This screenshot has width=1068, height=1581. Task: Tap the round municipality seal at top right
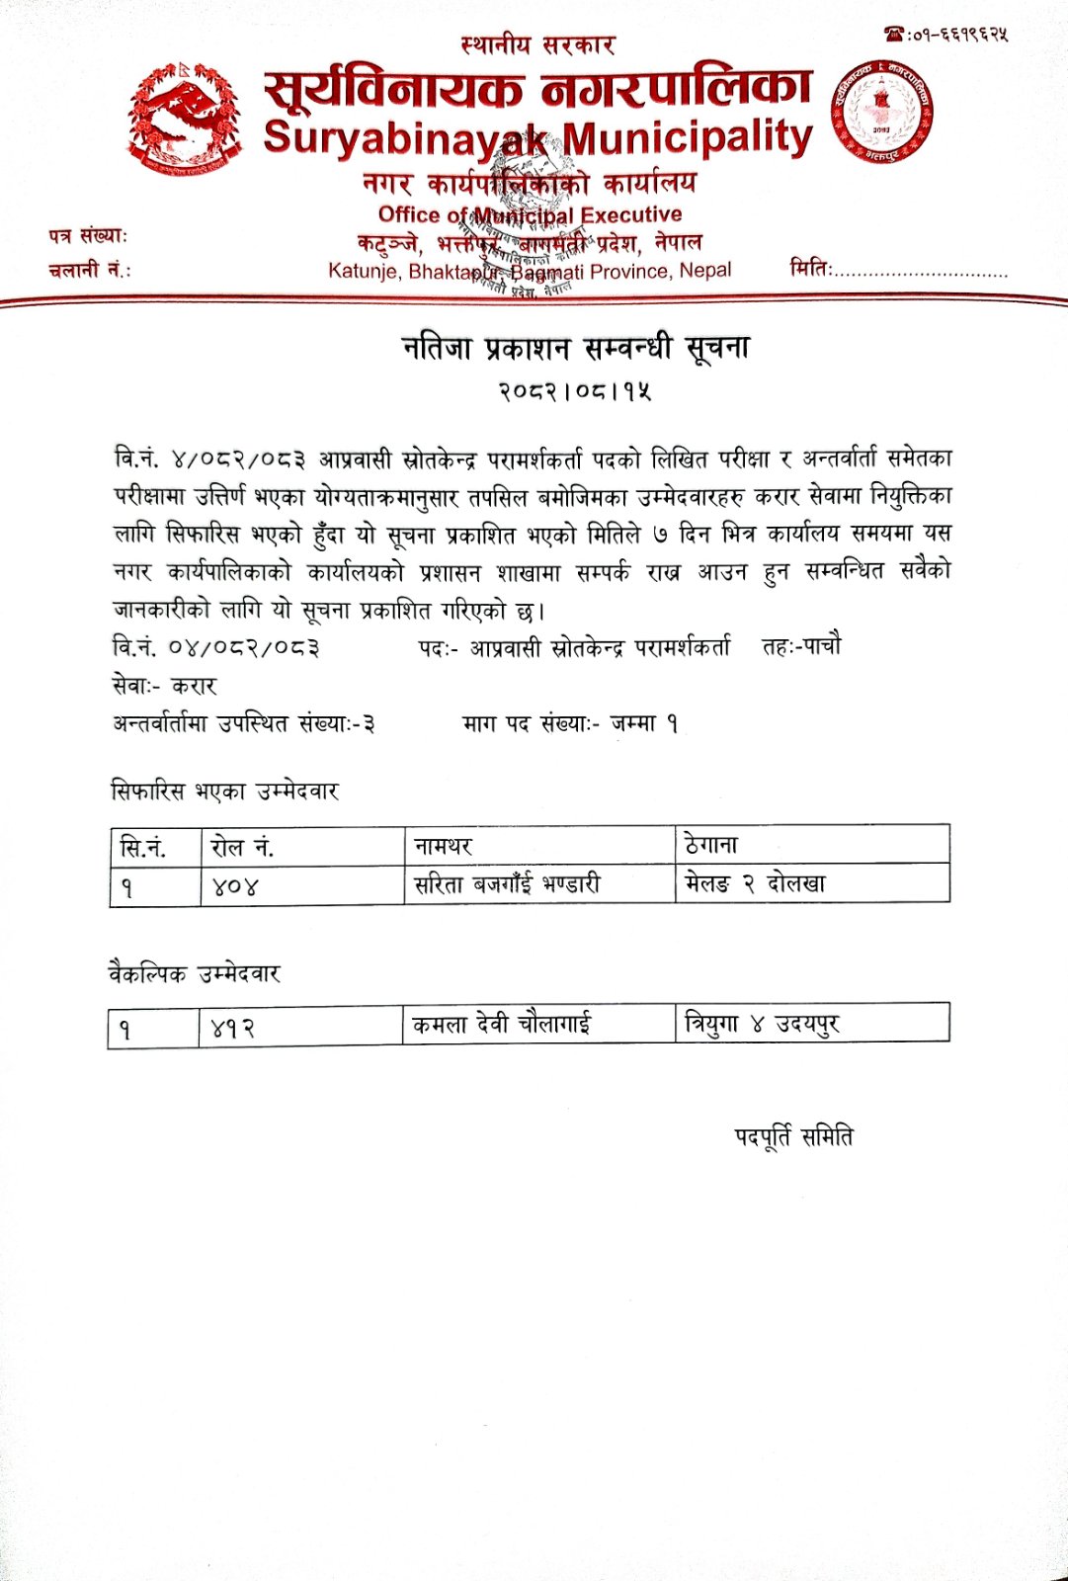click(881, 112)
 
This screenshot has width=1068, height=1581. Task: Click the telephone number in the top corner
click(945, 35)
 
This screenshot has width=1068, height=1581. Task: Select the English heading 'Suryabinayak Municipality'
click(537, 137)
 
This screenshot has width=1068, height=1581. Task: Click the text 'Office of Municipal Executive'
click(530, 214)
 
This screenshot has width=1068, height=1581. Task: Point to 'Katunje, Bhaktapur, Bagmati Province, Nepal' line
click(530, 271)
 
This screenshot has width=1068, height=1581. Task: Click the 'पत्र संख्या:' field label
click(88, 236)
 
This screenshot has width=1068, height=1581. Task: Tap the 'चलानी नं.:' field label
click(89, 270)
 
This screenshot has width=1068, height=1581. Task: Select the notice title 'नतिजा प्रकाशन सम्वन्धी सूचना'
click(576, 348)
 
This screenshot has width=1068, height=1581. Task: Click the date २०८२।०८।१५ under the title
click(574, 391)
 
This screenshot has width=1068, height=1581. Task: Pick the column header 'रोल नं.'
click(242, 847)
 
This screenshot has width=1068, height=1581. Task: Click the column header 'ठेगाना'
click(711, 845)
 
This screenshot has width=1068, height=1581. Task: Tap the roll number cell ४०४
click(235, 886)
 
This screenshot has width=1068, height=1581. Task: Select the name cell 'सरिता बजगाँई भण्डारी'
click(507, 884)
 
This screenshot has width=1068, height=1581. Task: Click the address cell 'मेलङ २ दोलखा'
click(755, 883)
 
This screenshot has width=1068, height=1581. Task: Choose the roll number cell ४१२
click(233, 1029)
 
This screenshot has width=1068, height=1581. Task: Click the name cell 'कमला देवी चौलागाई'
click(502, 1025)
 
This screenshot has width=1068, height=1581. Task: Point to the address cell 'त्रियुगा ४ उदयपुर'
click(762, 1024)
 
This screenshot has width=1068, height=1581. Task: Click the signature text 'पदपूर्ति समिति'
click(793, 1137)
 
